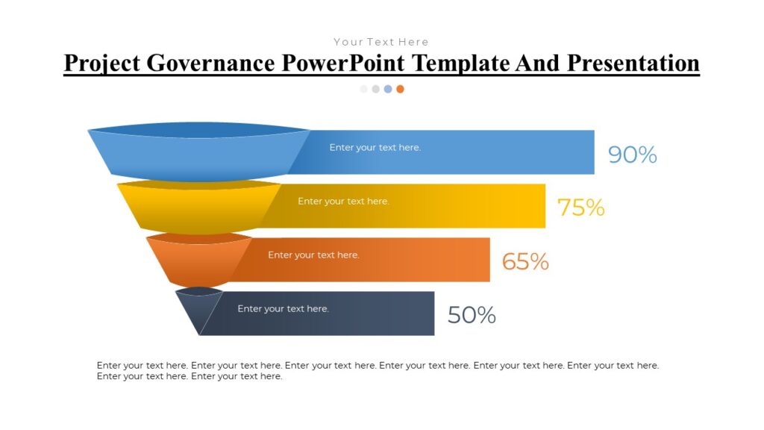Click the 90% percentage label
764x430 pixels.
(x=632, y=155)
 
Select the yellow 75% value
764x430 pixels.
(x=580, y=208)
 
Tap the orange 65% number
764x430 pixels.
(x=525, y=261)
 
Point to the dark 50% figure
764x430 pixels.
(x=472, y=315)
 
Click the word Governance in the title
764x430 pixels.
(x=210, y=63)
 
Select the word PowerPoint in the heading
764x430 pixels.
(x=345, y=63)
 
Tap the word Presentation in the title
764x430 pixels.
(x=633, y=63)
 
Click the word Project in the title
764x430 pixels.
(x=101, y=63)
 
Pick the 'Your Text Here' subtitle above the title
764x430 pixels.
(x=381, y=42)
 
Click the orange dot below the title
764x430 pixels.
(x=400, y=89)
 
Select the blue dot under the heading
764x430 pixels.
(x=388, y=89)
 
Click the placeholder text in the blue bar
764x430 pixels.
(x=375, y=148)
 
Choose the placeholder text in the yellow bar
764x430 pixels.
(x=343, y=202)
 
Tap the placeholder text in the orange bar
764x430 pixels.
(x=313, y=255)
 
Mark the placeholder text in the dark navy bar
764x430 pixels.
(x=283, y=309)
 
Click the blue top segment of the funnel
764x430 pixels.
(x=198, y=157)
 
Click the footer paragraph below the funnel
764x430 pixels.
(x=378, y=371)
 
